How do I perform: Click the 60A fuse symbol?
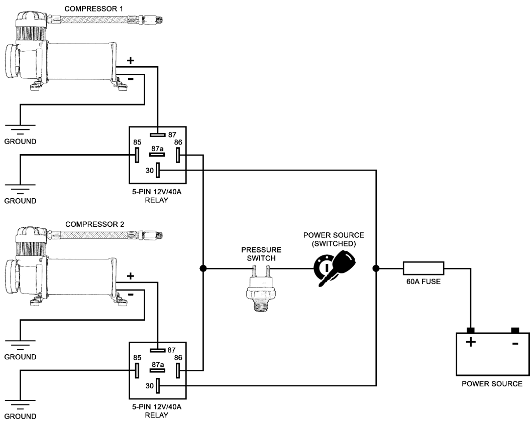coord(423,268)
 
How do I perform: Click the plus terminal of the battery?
coord(470,331)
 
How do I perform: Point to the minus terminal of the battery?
coord(514,331)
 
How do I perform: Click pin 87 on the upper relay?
coord(158,134)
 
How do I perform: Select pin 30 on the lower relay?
coord(158,386)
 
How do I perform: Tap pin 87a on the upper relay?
coord(158,155)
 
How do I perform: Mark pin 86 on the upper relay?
coord(178,155)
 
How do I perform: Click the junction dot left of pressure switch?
coord(203,268)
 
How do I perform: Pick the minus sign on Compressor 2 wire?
coord(131,295)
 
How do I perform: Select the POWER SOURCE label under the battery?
coord(492,384)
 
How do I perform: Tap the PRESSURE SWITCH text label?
coord(261,253)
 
